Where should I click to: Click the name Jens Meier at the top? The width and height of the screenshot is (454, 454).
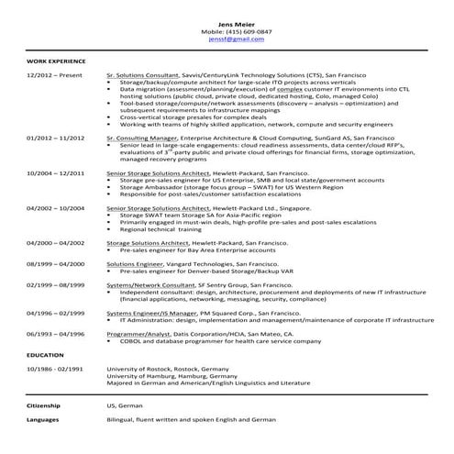pos(227,22)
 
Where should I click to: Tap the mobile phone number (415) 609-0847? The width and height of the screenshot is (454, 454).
pos(227,31)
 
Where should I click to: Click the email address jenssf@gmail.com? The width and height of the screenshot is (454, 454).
pos(227,39)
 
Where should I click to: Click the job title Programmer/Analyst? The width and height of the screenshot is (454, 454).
pos(135,333)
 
